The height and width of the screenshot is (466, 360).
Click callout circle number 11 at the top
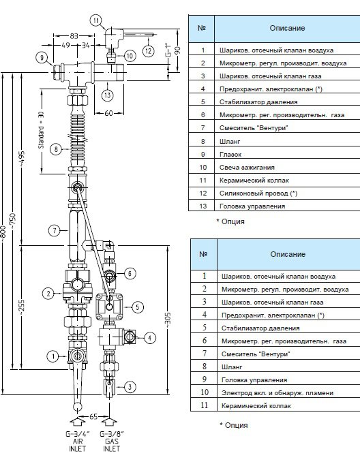(x=95, y=20)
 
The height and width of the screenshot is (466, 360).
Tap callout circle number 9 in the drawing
(x=42, y=57)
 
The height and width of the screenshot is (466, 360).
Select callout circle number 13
(x=108, y=95)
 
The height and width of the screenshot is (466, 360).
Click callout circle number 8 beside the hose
(x=56, y=149)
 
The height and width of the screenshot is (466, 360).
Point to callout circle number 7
(x=55, y=230)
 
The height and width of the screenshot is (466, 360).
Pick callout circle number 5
(x=138, y=307)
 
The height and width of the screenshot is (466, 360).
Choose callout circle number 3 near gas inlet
(x=130, y=387)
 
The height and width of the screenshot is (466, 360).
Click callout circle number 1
(x=53, y=356)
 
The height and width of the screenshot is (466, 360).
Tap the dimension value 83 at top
(x=74, y=36)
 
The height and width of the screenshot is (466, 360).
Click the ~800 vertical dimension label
(x=3, y=232)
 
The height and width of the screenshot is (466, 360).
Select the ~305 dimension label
(x=168, y=320)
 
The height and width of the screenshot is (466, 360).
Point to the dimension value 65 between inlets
(x=93, y=416)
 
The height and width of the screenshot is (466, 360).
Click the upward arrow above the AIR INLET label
(x=78, y=422)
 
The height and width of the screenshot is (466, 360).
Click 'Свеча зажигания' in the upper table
(x=247, y=168)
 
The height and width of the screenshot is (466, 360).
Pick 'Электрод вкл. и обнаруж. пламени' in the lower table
(x=277, y=393)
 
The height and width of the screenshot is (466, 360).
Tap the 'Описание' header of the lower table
(x=288, y=254)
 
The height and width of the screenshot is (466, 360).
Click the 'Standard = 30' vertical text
(x=41, y=130)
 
